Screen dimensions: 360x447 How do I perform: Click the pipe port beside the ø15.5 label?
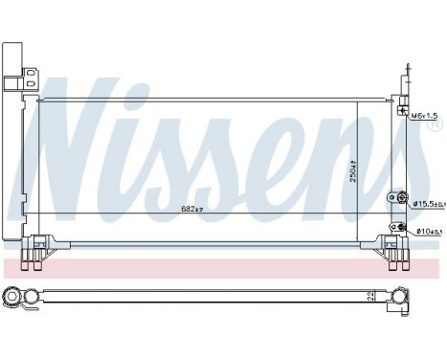coord(393,200)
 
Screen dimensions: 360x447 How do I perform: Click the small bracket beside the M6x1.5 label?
coord(405,111)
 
